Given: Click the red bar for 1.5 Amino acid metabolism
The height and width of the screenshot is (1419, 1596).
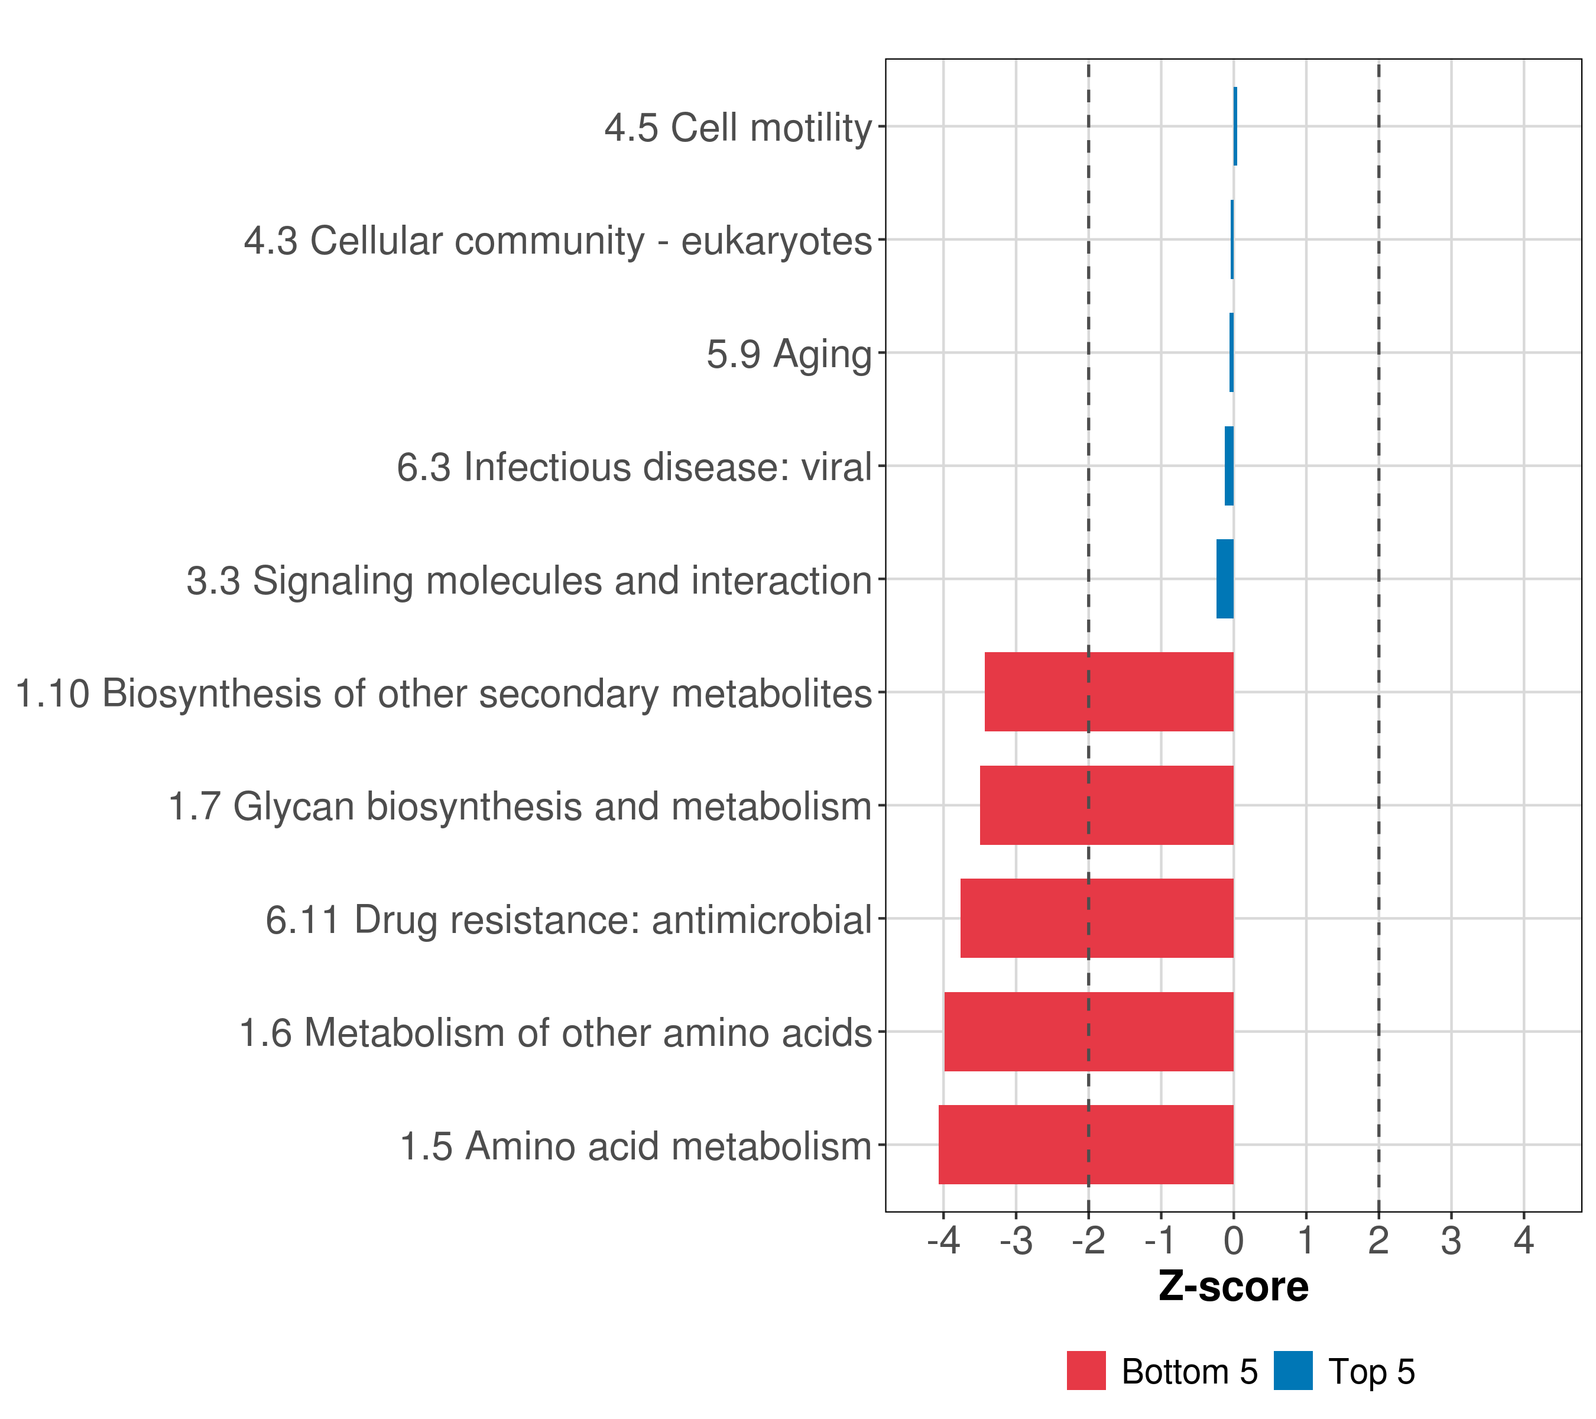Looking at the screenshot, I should [x=1085, y=1144].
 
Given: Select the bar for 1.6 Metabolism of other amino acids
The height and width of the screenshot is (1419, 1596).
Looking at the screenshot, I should [x=1088, y=1031].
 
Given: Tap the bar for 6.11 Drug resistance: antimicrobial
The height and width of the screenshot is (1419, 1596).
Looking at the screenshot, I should [x=1097, y=918].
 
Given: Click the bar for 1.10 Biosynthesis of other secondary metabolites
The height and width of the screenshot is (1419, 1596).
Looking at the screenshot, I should [x=1109, y=691].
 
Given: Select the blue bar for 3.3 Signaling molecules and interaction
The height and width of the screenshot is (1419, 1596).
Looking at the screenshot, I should [x=1225, y=579].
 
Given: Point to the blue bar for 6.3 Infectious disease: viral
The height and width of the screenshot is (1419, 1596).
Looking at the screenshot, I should [x=1229, y=465].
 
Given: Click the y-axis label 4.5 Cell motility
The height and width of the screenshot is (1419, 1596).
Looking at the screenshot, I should [x=738, y=127].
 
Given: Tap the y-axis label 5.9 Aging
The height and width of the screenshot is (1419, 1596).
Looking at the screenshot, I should [x=789, y=354].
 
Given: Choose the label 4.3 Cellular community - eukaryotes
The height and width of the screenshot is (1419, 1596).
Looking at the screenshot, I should [x=557, y=241].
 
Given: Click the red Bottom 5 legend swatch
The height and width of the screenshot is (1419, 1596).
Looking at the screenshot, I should [x=1086, y=1371].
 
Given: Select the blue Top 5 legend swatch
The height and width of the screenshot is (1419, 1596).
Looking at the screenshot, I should [x=1293, y=1371].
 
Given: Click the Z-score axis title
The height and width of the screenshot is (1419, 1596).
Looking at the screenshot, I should [x=1234, y=1286].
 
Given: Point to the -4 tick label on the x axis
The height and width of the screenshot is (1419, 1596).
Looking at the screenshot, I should [x=943, y=1240].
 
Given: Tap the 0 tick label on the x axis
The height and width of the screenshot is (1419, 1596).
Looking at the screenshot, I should [x=1234, y=1240].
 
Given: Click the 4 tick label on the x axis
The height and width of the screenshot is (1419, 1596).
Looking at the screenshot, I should [x=1524, y=1240].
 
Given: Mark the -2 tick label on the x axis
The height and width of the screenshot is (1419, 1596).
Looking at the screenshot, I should [x=1088, y=1240].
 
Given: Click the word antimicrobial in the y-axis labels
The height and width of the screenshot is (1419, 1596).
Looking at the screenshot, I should [x=761, y=919].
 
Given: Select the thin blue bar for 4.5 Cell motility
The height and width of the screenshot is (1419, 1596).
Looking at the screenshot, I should [x=1235, y=126].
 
